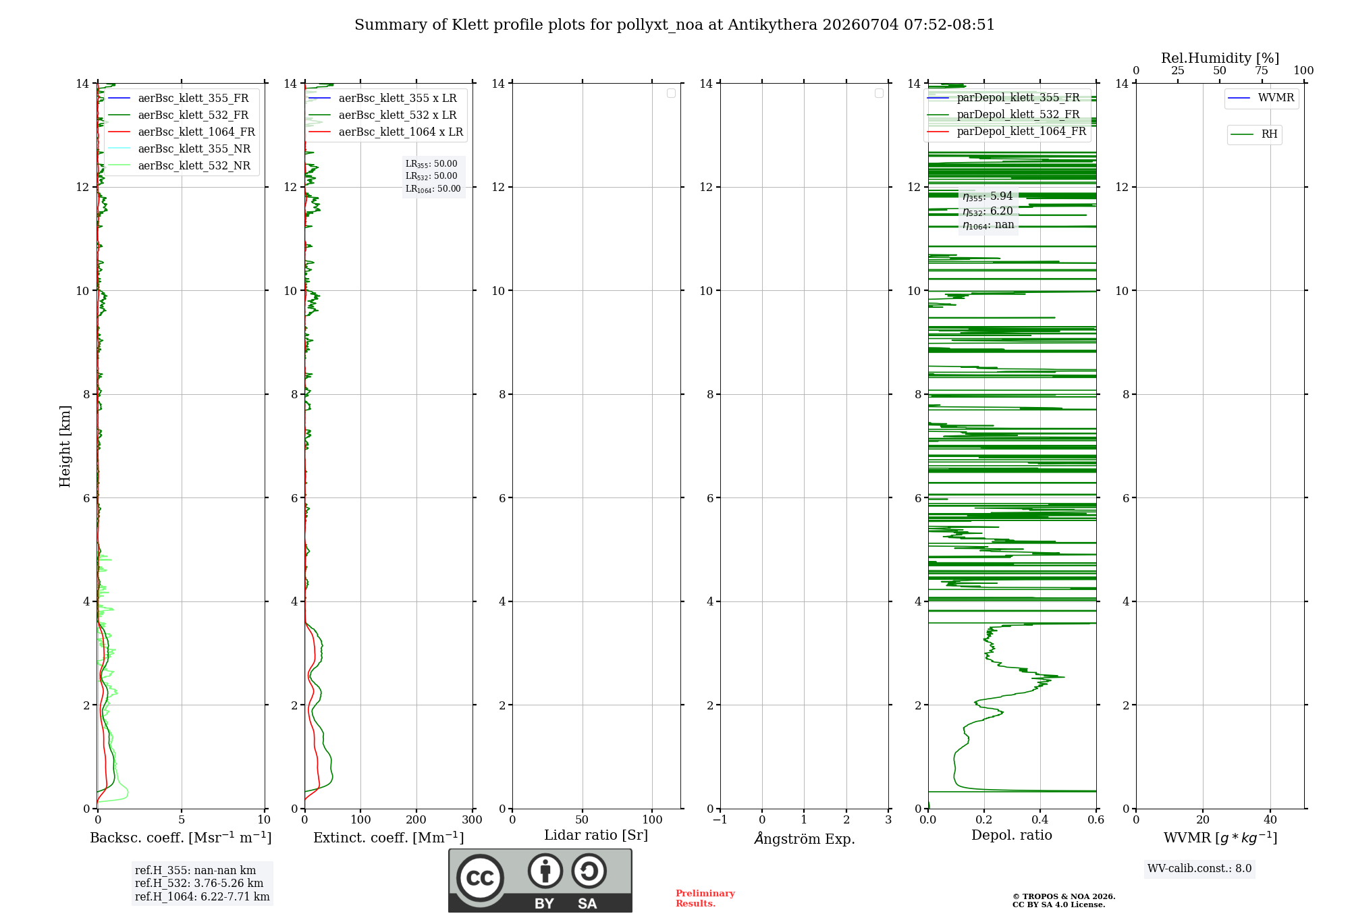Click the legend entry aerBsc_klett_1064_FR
click(x=182, y=132)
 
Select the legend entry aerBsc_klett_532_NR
click(x=180, y=166)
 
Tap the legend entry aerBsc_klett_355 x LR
click(x=383, y=99)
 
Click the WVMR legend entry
click(x=1261, y=98)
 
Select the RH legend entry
click(x=1254, y=134)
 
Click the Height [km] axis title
click(x=65, y=446)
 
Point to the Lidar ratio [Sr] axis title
click(x=596, y=835)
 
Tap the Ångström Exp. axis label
click(x=805, y=838)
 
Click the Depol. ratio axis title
click(x=1012, y=835)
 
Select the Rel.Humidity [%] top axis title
click(x=1220, y=58)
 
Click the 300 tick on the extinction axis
click(x=473, y=820)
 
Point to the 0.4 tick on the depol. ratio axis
click(x=1040, y=820)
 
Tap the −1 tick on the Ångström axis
click(x=720, y=820)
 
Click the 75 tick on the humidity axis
click(x=1262, y=71)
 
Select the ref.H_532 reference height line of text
click(x=199, y=884)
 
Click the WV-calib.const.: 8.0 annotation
click(x=1199, y=869)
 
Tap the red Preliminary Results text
click(x=705, y=898)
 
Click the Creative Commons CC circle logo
click(x=480, y=878)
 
